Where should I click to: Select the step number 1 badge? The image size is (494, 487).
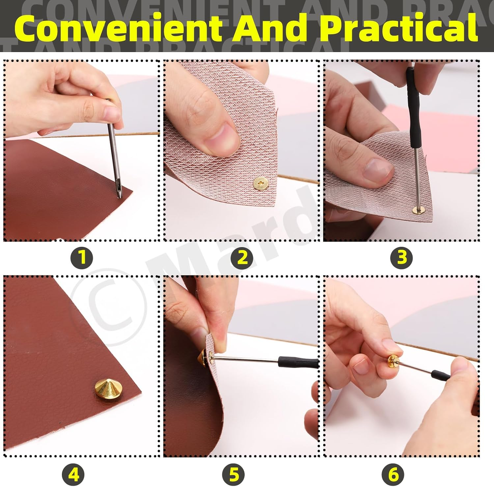pyautogui.click(x=81, y=257)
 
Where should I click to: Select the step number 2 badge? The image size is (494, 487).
pyautogui.click(x=242, y=257)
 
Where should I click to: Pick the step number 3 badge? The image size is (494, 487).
pyautogui.click(x=401, y=257)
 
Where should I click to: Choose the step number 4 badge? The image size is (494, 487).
pyautogui.click(x=73, y=475)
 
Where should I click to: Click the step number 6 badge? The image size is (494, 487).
pyautogui.click(x=393, y=475)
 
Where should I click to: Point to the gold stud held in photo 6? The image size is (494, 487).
pyautogui.click(x=394, y=360)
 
